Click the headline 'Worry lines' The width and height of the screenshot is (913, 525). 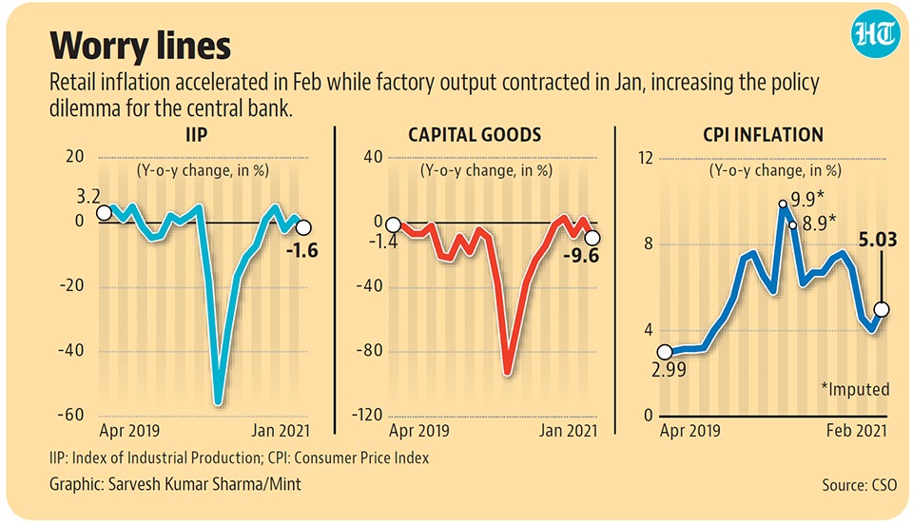(x=140, y=45)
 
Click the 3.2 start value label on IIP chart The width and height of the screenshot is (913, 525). (x=87, y=197)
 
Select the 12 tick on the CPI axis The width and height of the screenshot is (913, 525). (x=645, y=158)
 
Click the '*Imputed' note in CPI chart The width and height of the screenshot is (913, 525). (x=853, y=389)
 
